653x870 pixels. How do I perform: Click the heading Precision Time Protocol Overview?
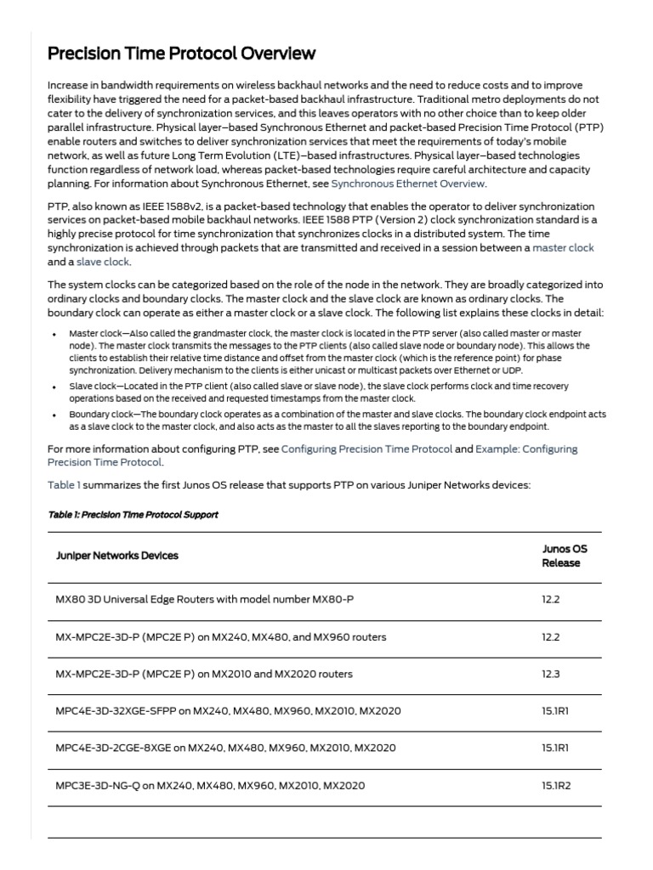click(181, 54)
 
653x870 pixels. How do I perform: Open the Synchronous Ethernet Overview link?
click(408, 184)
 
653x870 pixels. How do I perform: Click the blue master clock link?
click(563, 248)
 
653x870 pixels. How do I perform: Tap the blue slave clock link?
click(103, 262)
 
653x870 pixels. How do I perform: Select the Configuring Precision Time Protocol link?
click(366, 449)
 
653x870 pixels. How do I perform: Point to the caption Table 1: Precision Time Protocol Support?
click(133, 515)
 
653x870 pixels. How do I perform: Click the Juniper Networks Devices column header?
click(117, 556)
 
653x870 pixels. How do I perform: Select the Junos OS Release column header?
click(564, 556)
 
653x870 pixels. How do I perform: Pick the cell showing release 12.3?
click(552, 674)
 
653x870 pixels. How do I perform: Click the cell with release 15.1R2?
click(556, 786)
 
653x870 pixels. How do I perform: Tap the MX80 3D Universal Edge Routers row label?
click(204, 600)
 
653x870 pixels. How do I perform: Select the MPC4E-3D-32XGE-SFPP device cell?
click(228, 711)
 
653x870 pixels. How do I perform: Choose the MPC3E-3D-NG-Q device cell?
click(210, 786)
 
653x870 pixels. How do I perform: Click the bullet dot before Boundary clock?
click(57, 414)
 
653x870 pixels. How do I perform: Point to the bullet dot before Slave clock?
click(57, 387)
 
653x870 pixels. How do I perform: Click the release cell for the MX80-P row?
click(552, 600)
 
